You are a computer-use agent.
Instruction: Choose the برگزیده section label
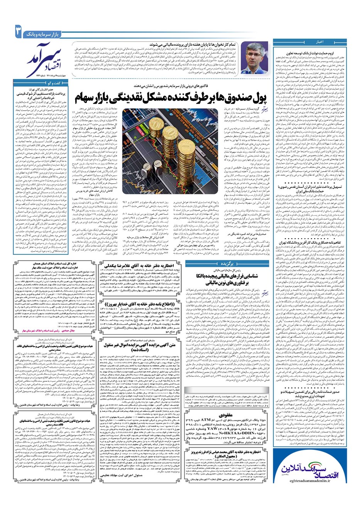pyautogui.click(x=231, y=253)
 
